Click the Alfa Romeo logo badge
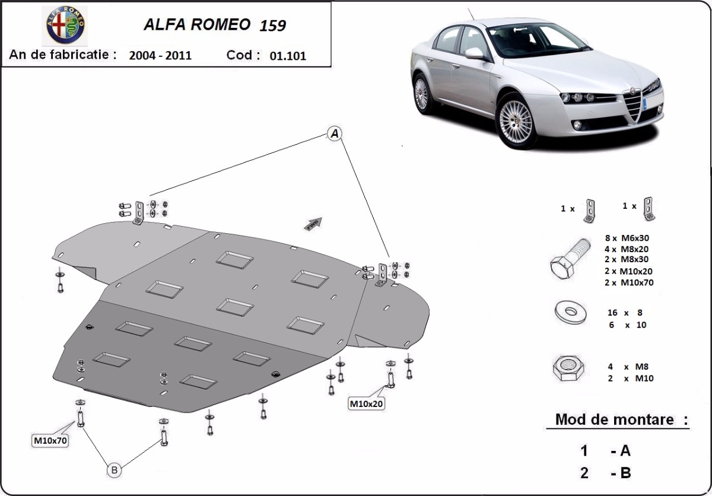click(x=66, y=26)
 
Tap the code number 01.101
click(x=288, y=56)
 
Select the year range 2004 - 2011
click(x=160, y=56)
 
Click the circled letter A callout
click(x=335, y=134)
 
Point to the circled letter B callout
click(x=115, y=470)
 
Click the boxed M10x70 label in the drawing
click(x=50, y=440)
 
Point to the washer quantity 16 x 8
click(x=624, y=312)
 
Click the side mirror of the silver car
click(x=475, y=53)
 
